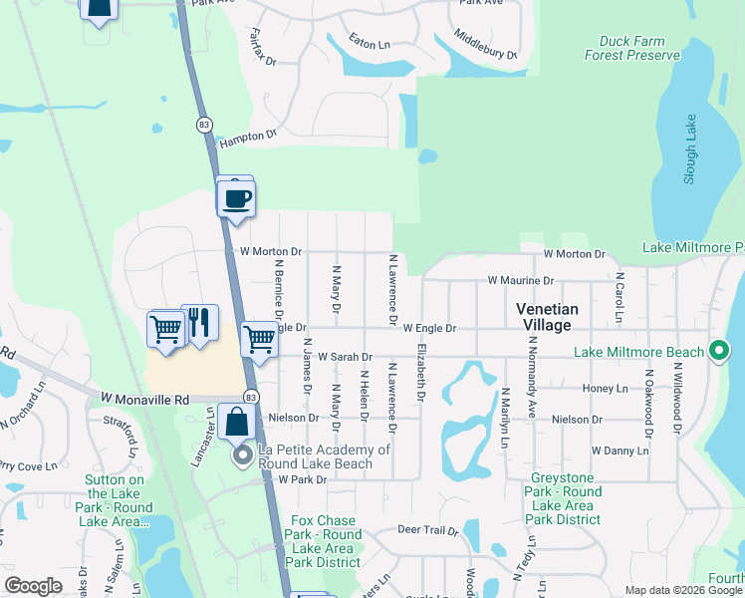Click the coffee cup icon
tap(236, 197)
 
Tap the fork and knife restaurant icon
tap(199, 323)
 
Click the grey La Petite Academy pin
tap(242, 457)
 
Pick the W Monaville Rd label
tap(144, 398)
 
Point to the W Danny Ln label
tap(620, 450)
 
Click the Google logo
tap(33, 586)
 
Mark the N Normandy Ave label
tap(531, 389)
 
